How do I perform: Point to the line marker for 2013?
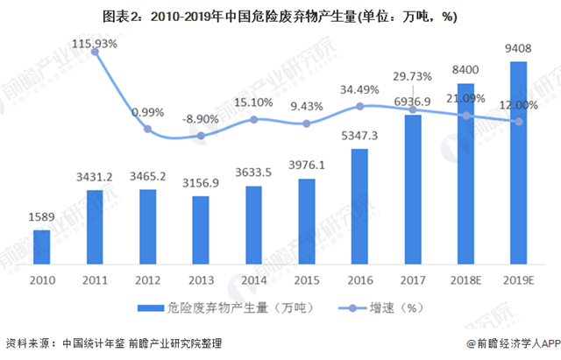pos(202,136)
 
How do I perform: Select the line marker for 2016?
pos(360,107)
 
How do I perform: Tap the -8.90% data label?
pos(202,118)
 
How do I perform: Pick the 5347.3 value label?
pos(360,138)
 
